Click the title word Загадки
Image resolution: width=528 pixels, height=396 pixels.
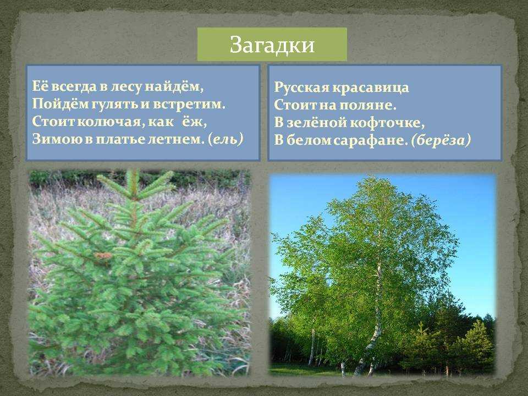[272, 45]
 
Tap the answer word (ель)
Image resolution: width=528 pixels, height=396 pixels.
[226, 139]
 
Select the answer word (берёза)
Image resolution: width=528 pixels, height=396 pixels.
[441, 140]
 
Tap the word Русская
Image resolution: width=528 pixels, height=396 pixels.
[301, 87]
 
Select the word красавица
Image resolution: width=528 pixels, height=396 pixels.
[371, 87]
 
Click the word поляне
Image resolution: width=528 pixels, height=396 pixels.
[367, 105]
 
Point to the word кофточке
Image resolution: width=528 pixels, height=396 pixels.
[388, 123]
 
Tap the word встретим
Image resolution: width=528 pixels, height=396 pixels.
[189, 104]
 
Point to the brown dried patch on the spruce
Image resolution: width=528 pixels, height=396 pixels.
[103, 256]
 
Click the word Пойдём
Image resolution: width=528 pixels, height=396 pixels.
[60, 105]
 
